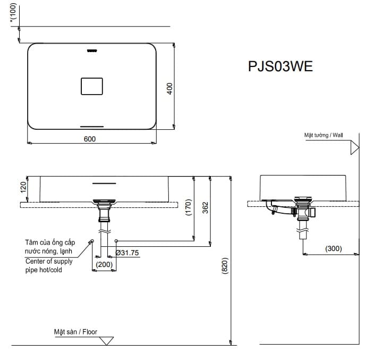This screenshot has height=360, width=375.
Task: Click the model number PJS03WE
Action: click(280, 66)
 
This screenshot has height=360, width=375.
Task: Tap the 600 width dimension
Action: click(90, 139)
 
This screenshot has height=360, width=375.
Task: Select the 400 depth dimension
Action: click(170, 88)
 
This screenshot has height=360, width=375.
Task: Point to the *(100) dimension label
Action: click(13, 13)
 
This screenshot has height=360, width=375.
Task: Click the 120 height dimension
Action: click(23, 188)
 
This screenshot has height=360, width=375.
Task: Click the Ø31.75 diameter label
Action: click(127, 253)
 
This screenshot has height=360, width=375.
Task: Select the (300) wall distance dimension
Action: click(334, 248)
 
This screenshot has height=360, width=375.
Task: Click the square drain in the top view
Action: click(91, 86)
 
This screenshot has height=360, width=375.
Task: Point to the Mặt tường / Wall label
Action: click(323, 136)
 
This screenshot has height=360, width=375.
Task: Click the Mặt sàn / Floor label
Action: click(75, 332)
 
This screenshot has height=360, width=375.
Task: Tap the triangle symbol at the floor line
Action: click(107, 341)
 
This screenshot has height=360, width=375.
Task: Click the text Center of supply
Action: click(49, 261)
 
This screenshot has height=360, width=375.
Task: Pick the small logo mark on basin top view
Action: click(91, 51)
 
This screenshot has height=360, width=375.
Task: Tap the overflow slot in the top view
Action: click(91, 127)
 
